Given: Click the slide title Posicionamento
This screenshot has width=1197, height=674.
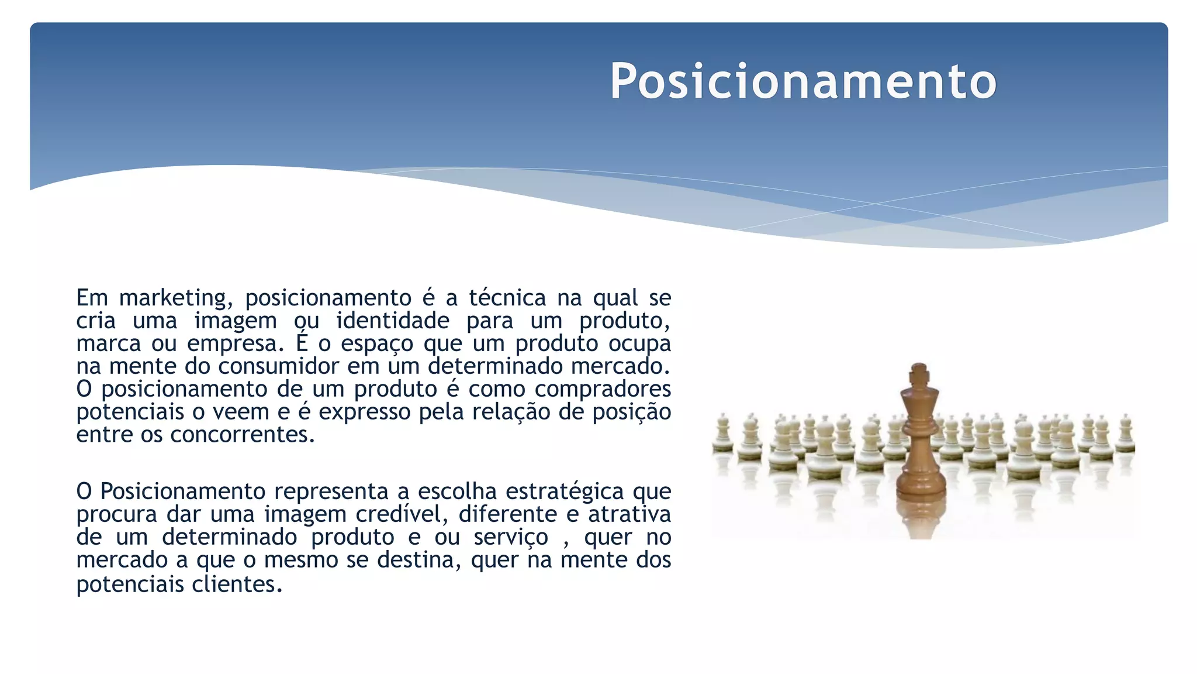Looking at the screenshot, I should pos(803,81).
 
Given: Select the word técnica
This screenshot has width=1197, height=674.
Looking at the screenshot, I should pos(507,298).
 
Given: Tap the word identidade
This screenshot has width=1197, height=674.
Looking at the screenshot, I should pos(393,321).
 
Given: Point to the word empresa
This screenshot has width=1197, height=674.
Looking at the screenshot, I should pos(235,344).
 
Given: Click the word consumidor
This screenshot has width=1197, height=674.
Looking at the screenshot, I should pos(278,367).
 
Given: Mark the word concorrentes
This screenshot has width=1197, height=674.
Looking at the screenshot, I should pos(242,435).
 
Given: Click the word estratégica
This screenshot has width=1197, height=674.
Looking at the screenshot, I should pos(565,491).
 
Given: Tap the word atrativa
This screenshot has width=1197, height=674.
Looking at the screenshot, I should pos(629,514).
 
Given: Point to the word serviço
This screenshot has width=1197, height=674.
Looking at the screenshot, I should pos(511,538).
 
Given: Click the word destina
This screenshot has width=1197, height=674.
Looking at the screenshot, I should pos(416,560).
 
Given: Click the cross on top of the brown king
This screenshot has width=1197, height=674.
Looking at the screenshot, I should pos(919,372).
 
